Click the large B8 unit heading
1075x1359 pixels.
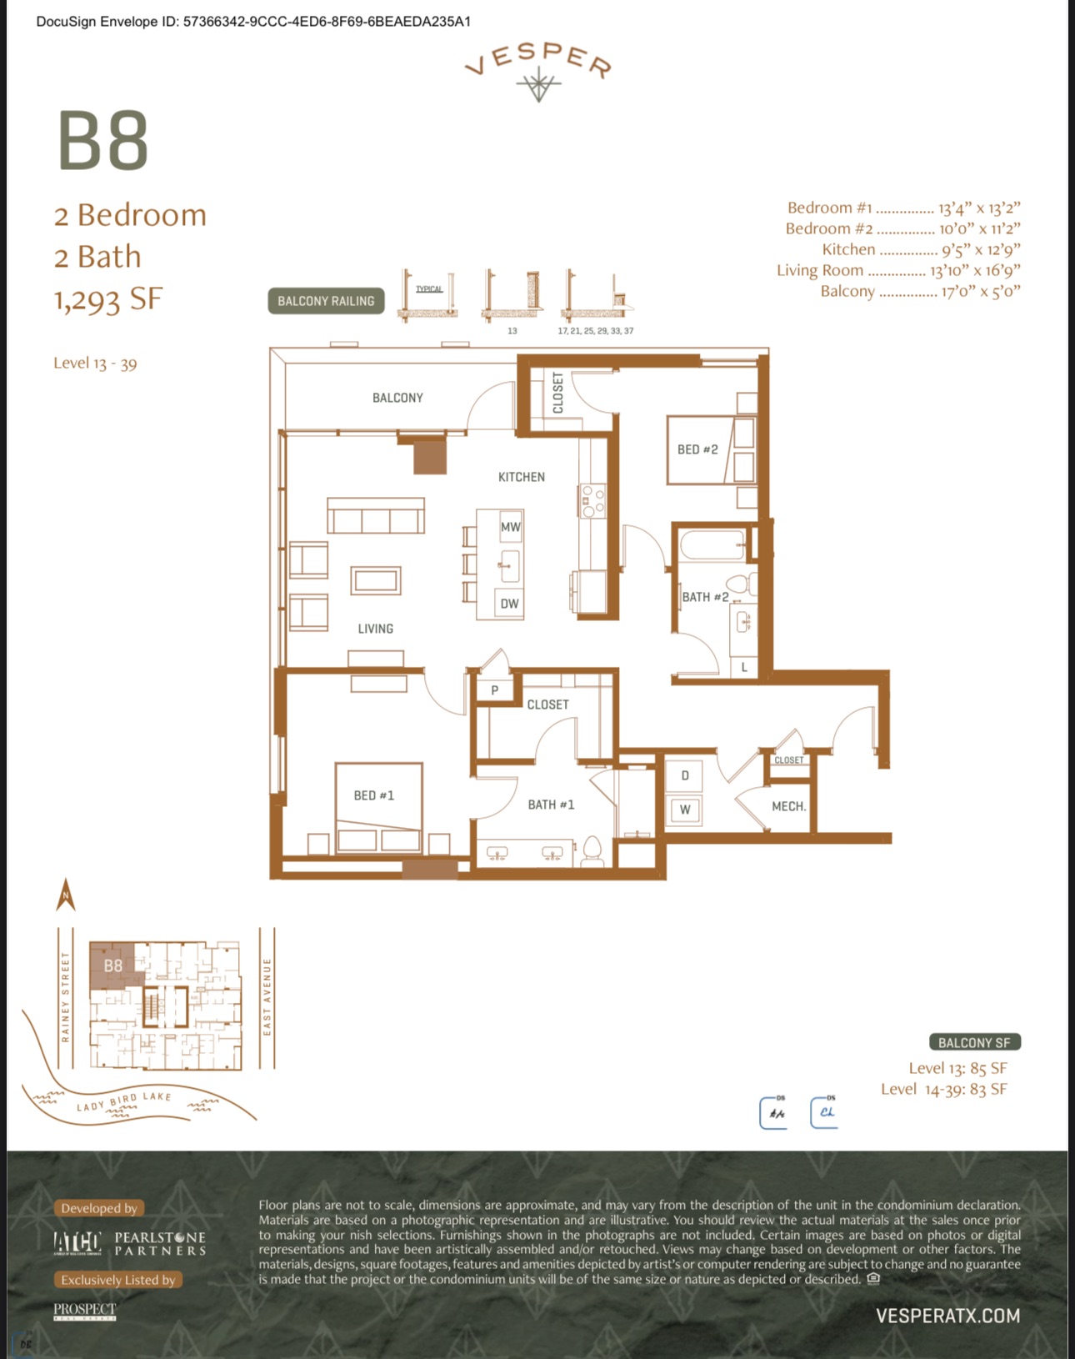(103, 141)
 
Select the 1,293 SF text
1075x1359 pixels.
(108, 299)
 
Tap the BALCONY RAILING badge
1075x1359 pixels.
(326, 301)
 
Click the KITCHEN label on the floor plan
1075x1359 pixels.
(522, 477)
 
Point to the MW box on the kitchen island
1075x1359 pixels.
(510, 527)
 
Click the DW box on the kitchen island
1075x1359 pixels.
(509, 604)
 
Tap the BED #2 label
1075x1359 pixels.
(697, 449)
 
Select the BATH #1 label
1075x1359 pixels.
(551, 805)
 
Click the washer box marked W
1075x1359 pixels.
(685, 810)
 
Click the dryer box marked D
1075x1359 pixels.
(685, 775)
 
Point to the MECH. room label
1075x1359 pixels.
(788, 806)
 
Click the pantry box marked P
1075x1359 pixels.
(495, 690)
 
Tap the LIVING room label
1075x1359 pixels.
(376, 629)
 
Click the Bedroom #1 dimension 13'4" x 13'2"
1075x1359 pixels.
(979, 208)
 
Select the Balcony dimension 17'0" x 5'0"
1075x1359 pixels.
(981, 292)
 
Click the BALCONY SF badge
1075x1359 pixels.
(974, 1042)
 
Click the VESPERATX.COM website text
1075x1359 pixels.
(947, 1316)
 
